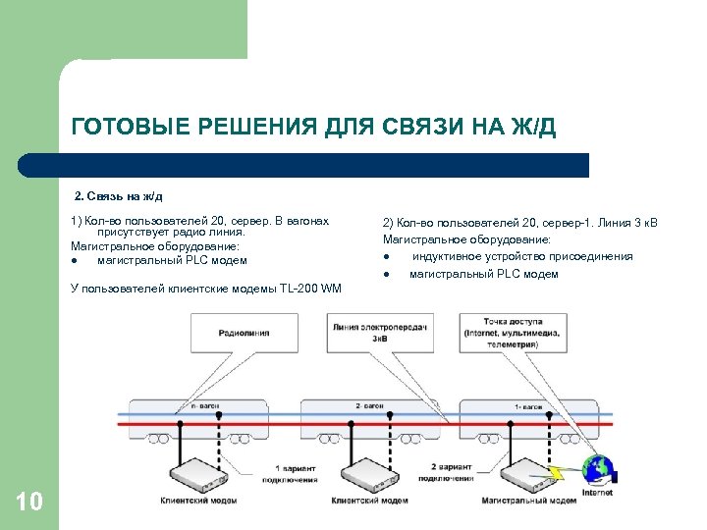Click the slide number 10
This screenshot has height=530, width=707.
tap(29, 503)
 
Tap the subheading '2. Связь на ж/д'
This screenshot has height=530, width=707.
tap(125, 196)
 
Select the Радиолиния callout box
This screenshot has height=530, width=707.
tap(246, 332)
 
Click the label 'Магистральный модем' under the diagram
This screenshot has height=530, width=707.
tap(529, 501)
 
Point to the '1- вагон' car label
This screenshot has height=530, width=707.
tap(528, 405)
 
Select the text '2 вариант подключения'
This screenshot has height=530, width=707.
tap(451, 472)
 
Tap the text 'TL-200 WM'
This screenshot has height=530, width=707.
tap(308, 288)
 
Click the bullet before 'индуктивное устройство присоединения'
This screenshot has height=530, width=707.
tap(387, 256)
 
